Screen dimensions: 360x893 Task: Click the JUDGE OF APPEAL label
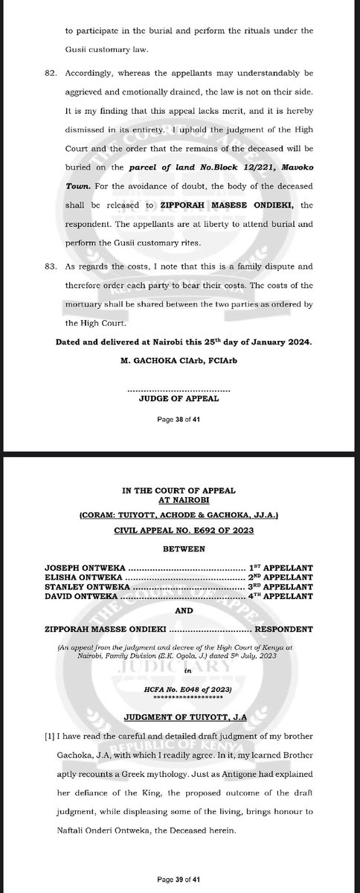tap(179, 399)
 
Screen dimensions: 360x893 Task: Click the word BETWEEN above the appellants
tap(179, 550)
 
